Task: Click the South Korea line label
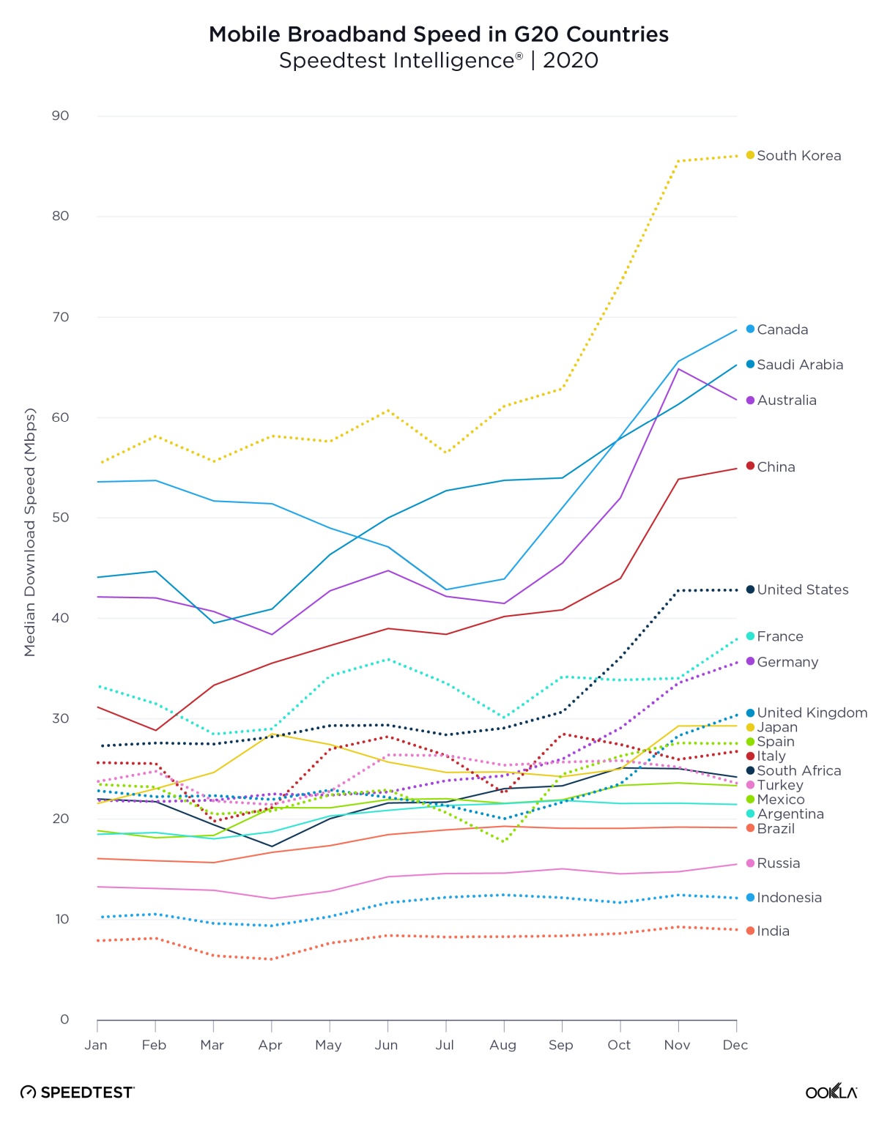click(x=798, y=156)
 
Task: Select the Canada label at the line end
click(x=782, y=330)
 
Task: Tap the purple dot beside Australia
click(x=750, y=401)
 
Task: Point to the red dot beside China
click(x=750, y=466)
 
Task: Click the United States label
click(x=802, y=590)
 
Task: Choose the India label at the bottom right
click(x=773, y=931)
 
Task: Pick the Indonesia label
click(x=789, y=898)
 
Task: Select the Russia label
click(x=778, y=863)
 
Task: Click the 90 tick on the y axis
click(x=61, y=116)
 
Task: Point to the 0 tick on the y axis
click(x=64, y=1019)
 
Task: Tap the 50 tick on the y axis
click(x=61, y=518)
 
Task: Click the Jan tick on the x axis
click(x=96, y=1045)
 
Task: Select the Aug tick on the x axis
click(x=503, y=1045)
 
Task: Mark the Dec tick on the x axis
click(x=735, y=1045)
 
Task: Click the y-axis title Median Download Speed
click(x=30, y=532)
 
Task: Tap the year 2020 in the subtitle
click(x=571, y=61)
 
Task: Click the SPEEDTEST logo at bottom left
click(x=78, y=1093)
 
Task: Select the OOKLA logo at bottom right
click(x=831, y=1092)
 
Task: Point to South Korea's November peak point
click(x=678, y=161)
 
